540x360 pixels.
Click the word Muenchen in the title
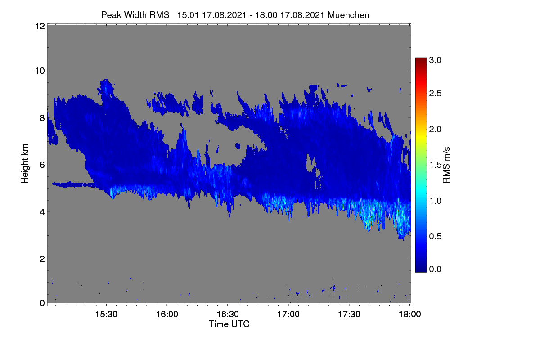coord(348,15)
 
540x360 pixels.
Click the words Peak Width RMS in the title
coord(135,15)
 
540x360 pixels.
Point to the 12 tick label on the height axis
coord(40,26)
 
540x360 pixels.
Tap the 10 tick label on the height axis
coord(40,71)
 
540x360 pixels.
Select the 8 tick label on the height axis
coord(42,118)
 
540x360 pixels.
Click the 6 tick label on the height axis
coord(42,165)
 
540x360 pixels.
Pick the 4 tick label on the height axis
coord(42,212)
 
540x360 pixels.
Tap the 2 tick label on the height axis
coord(42,259)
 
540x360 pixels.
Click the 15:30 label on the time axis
coord(106,315)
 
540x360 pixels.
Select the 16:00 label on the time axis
coord(167,315)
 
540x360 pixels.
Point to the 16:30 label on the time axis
coord(228,315)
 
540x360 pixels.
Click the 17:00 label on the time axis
coord(288,315)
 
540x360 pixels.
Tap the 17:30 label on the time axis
coord(349,315)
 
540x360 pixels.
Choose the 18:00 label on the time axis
coord(410,315)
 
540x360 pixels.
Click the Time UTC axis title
coord(229,324)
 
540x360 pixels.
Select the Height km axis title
coord(25,164)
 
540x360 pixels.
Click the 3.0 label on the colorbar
coord(435,60)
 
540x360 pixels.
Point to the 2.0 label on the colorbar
coord(435,130)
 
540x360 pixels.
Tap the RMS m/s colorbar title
coord(446,165)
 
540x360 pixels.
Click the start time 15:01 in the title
coord(188,15)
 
